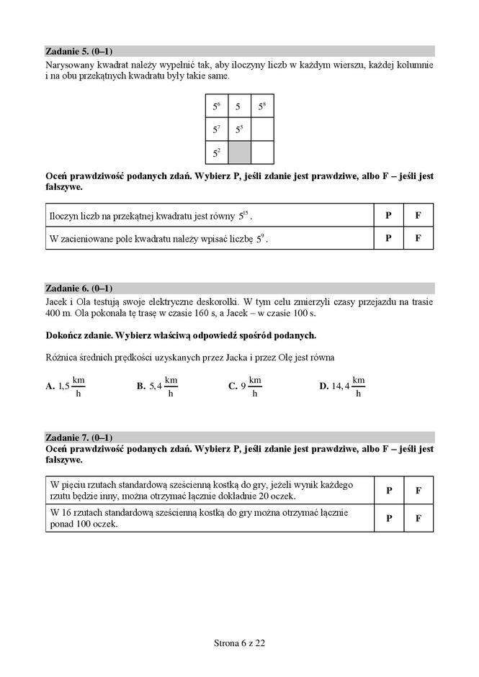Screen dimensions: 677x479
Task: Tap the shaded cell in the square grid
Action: coord(240,152)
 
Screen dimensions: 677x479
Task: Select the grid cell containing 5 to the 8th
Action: coord(263,107)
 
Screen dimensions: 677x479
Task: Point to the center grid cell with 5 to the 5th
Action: coord(240,130)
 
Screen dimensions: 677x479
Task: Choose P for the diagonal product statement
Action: coord(389,215)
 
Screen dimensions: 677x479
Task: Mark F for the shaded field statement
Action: coord(418,237)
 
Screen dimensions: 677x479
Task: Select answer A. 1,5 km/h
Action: coord(66,386)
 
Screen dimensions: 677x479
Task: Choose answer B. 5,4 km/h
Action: coord(157,386)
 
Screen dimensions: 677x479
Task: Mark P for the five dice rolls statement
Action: coord(389,490)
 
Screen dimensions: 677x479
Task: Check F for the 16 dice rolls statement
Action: coord(418,518)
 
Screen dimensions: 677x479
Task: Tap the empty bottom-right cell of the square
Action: coord(263,152)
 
